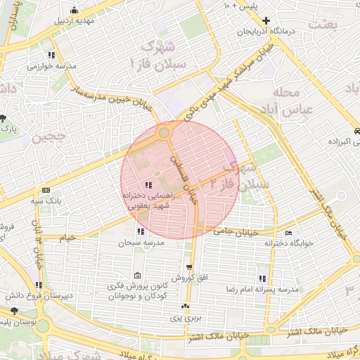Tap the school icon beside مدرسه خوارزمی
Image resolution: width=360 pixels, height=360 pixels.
(x=51, y=55)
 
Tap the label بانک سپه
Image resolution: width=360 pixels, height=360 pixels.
(x=48, y=202)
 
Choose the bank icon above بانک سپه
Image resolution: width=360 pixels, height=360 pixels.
(x=46, y=191)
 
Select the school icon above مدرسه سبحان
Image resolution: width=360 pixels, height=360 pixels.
(x=141, y=231)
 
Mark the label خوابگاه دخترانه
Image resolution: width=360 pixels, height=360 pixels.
(x=288, y=244)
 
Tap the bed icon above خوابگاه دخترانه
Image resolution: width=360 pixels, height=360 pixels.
(x=288, y=233)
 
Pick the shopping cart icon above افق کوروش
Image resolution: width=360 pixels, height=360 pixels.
(x=190, y=267)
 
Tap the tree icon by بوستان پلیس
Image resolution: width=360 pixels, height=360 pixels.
(x=14, y=310)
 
